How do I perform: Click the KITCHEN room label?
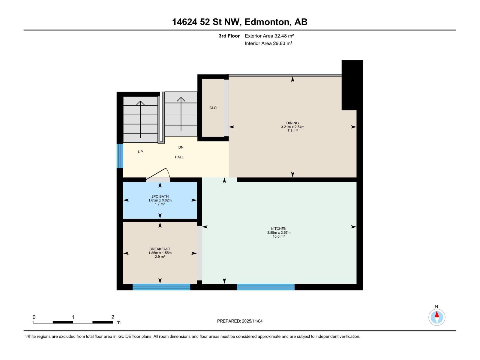278,229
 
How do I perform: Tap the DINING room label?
292,123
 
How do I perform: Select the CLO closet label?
213,108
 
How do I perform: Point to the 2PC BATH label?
160,196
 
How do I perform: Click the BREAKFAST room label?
160,249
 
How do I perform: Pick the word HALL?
179,157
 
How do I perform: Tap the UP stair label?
140,152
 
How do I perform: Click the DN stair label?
181,147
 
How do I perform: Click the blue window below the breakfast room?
161,287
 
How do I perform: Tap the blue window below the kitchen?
265,287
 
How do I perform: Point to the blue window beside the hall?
120,156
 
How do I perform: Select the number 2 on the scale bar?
112,317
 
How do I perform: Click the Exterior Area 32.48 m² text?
269,36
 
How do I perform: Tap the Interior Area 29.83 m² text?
268,43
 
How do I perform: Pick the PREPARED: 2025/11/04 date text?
240,321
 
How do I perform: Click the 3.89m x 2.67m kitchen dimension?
279,232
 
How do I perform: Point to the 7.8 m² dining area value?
292,131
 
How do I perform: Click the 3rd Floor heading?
229,36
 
